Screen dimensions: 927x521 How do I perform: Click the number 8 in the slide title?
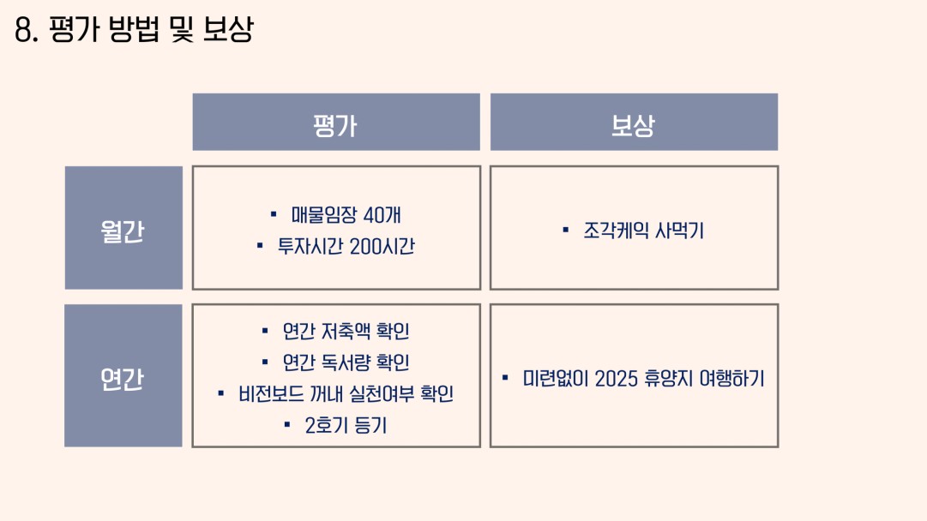coord(23,29)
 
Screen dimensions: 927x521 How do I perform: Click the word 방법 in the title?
coord(134,29)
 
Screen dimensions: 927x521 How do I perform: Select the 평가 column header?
coord(336,122)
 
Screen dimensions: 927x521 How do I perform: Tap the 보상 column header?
coord(634,122)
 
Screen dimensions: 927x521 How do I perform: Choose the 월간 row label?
coord(123,228)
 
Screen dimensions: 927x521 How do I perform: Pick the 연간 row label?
coord(123,375)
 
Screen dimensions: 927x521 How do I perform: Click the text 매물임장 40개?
coord(346,215)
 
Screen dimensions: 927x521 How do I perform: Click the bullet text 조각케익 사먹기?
coord(643,231)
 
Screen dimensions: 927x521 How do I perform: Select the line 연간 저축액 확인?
coord(346,332)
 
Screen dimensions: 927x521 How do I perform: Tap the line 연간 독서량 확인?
coord(346,362)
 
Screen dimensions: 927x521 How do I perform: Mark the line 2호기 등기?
coord(346,425)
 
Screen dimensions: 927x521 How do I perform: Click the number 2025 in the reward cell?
coord(616,379)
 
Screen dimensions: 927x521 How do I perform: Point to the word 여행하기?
coord(731,379)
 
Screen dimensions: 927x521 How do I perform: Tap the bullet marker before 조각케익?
coord(566,230)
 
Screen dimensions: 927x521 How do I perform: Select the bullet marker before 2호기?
coord(287,424)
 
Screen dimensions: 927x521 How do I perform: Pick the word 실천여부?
coord(382,394)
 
